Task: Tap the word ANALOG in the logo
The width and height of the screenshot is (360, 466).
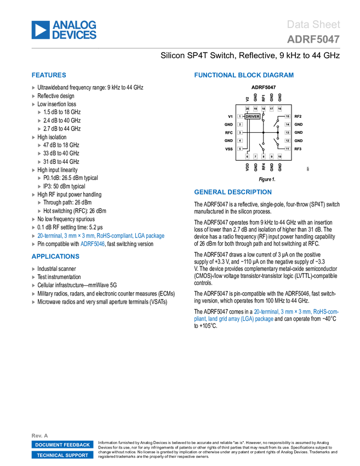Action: [75, 24]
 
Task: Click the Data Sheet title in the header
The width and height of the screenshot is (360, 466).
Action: [314, 25]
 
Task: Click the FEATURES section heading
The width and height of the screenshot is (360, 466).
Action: [49, 76]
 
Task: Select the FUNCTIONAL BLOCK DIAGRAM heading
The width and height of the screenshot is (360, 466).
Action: [244, 76]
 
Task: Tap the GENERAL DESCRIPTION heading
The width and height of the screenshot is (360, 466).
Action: [232, 192]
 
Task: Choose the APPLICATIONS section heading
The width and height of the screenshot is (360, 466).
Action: [55, 257]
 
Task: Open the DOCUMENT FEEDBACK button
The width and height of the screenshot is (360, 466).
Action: [62, 445]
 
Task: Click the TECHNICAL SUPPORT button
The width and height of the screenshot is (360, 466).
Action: [62, 455]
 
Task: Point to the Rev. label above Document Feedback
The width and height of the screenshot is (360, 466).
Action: [37, 435]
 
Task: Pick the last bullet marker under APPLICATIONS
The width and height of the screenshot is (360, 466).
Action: [33, 302]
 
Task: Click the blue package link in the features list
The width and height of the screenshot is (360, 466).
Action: [101, 236]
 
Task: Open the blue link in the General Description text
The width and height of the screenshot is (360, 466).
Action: [296, 312]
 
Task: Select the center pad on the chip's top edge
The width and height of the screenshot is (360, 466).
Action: [264, 109]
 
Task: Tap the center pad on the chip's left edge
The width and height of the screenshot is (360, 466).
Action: [240, 133]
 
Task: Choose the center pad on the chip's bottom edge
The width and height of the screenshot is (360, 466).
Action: [264, 156]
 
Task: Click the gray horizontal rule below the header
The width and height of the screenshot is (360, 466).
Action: [186, 48]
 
